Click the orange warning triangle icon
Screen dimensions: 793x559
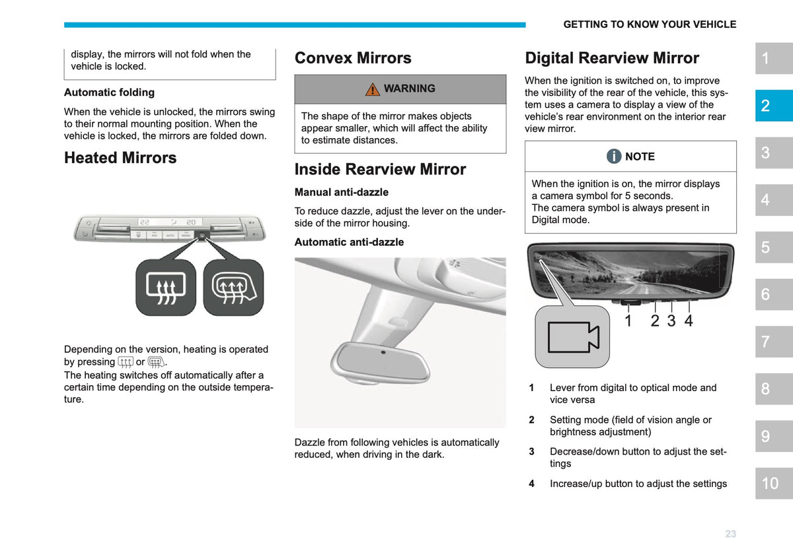click(x=373, y=89)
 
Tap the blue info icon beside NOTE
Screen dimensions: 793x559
click(x=614, y=156)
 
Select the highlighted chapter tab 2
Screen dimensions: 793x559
click(x=774, y=106)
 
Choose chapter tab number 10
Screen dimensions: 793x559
click(x=774, y=483)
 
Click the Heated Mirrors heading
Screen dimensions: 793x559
click(x=120, y=158)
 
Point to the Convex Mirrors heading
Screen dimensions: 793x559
click(x=353, y=57)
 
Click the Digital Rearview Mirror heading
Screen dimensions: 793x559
click(x=612, y=58)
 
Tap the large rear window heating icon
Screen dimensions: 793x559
click(x=166, y=288)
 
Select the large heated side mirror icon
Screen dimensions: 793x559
click(x=233, y=288)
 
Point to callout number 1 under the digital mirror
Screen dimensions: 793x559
click(x=628, y=320)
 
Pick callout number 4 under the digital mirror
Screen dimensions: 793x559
click(x=688, y=320)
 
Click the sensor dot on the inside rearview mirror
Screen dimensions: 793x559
click(x=383, y=352)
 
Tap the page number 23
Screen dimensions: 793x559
click(x=731, y=534)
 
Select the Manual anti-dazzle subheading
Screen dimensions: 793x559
click(x=341, y=192)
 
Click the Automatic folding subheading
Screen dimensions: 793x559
click(x=109, y=93)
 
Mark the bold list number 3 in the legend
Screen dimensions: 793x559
click(x=531, y=451)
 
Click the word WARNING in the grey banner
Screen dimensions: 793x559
click(x=410, y=88)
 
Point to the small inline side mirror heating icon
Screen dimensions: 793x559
click(x=156, y=362)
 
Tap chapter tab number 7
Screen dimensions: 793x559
click(x=774, y=342)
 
